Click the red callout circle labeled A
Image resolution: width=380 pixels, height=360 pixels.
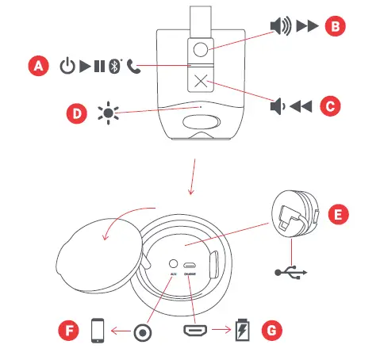37,66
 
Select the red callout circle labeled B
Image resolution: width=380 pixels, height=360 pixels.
335,26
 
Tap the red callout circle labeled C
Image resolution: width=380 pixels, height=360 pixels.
335,105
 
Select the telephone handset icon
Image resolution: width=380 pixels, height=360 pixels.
132,66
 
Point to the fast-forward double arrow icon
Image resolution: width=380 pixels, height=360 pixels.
305,26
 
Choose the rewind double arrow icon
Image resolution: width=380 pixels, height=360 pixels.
305,105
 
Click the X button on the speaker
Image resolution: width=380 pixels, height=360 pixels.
199,79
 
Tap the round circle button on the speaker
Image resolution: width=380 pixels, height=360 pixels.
199,50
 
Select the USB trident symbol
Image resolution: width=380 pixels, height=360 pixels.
290,272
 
